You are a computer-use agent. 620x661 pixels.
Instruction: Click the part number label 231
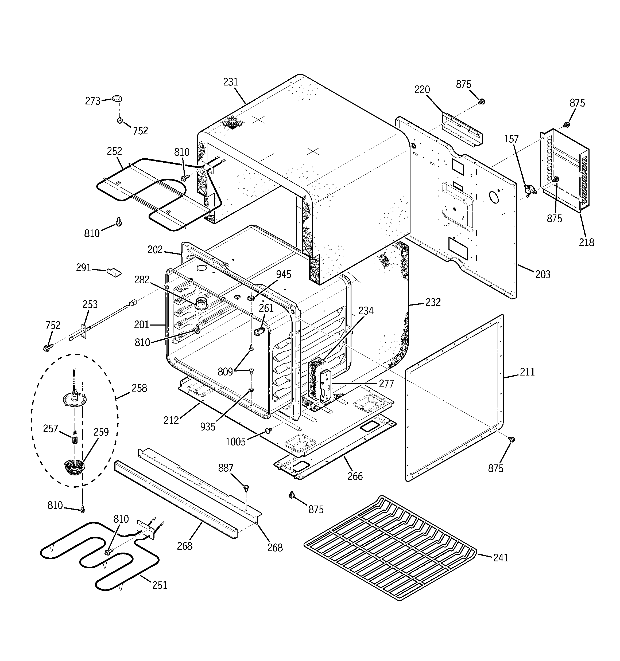coord(231,82)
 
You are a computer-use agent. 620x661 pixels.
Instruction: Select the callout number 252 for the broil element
coord(114,151)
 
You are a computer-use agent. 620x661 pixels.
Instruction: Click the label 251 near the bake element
coord(160,585)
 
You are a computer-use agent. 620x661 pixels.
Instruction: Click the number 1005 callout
coord(236,442)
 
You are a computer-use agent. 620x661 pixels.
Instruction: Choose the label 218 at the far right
coord(586,243)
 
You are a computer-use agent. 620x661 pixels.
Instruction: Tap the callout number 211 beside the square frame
coord(527,372)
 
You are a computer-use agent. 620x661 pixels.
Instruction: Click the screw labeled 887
coord(246,488)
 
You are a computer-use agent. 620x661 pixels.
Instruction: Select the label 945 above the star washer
coord(284,274)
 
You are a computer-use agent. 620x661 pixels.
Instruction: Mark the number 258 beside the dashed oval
coord(139,388)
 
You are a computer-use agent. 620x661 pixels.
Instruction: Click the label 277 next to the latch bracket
coord(386,384)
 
